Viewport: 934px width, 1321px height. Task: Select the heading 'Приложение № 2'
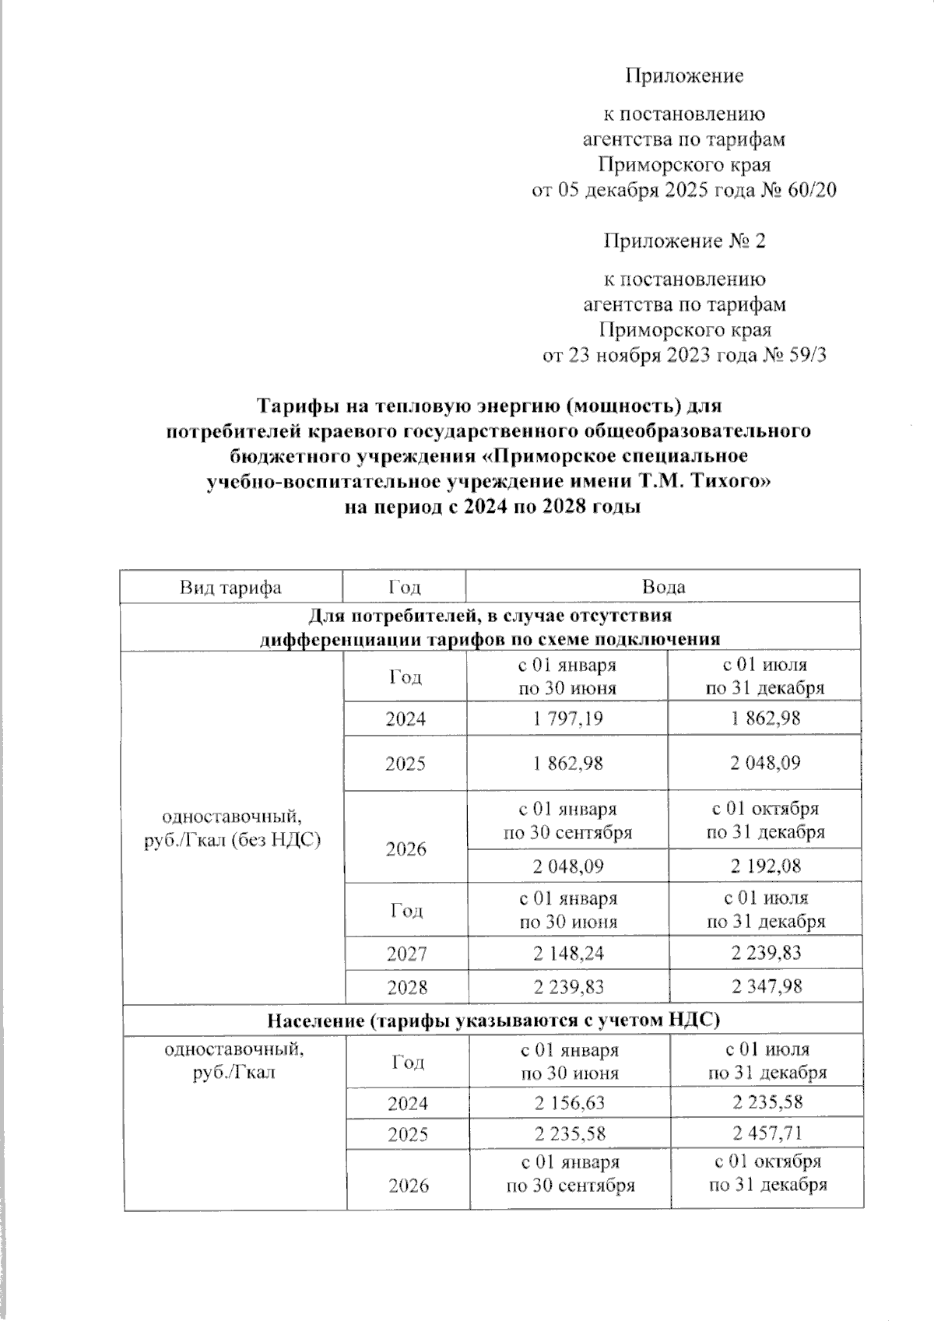click(685, 241)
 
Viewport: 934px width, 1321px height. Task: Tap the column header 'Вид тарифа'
click(230, 587)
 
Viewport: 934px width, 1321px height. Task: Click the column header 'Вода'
click(664, 587)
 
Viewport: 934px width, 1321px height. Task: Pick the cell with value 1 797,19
click(567, 718)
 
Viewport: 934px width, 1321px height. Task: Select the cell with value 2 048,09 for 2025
click(765, 763)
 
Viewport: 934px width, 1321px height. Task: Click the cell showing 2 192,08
click(765, 866)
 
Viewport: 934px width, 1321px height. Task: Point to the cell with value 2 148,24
click(567, 953)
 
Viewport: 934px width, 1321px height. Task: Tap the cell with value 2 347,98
click(765, 986)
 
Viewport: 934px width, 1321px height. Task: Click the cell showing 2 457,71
click(767, 1133)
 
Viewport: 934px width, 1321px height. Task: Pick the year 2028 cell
click(406, 987)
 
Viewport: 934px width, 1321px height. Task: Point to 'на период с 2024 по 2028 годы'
click(492, 508)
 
